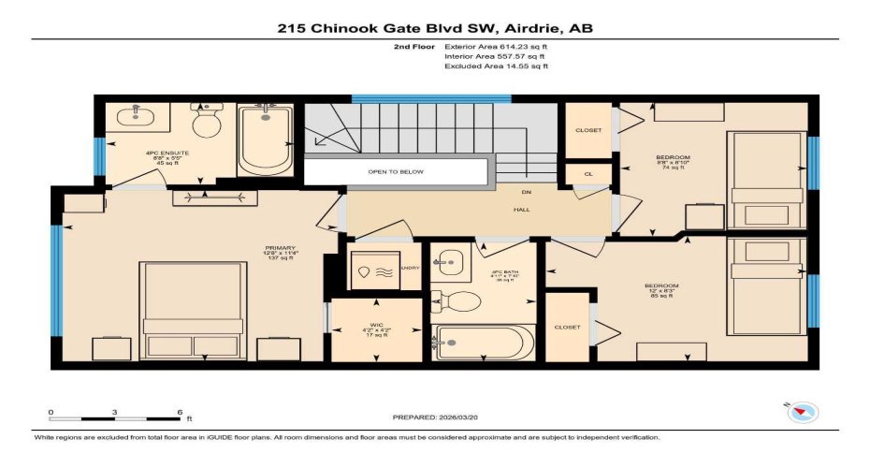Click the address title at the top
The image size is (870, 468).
[434, 28]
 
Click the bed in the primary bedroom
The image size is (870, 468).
[195, 309]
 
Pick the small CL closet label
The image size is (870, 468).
[588, 174]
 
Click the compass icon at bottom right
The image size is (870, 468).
[804, 411]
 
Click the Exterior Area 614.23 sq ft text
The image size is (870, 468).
[496, 45]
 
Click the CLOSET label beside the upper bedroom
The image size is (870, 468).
[588, 129]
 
